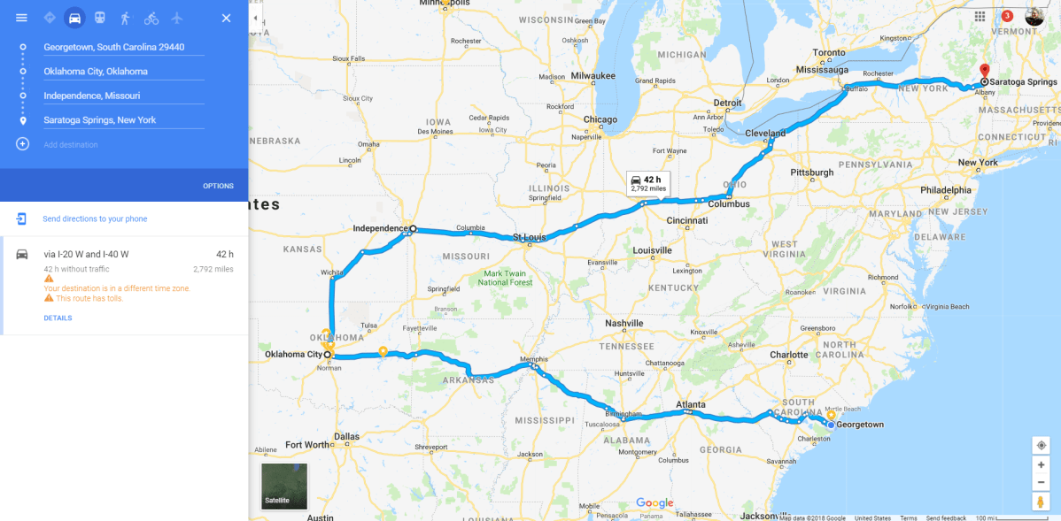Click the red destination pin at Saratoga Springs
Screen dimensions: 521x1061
point(984,71)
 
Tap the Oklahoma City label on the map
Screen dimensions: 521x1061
point(293,355)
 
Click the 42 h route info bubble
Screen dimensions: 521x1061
point(647,183)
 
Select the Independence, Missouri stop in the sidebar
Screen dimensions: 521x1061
point(92,96)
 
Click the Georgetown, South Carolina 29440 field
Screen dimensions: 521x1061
point(114,47)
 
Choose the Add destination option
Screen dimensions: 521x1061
point(71,144)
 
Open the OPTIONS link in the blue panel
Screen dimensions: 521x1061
point(218,186)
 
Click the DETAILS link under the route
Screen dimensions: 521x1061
point(58,318)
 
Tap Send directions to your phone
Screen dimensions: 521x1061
point(95,218)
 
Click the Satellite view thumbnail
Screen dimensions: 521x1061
point(284,486)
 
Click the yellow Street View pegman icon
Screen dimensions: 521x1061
point(1041,502)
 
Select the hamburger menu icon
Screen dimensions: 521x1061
point(22,18)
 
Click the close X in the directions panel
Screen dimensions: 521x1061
point(226,18)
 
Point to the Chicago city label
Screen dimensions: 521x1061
point(600,119)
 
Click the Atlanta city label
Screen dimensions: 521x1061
point(691,405)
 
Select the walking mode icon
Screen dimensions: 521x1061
point(125,18)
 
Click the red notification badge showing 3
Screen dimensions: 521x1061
point(1007,16)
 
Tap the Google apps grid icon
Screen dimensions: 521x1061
point(980,16)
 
